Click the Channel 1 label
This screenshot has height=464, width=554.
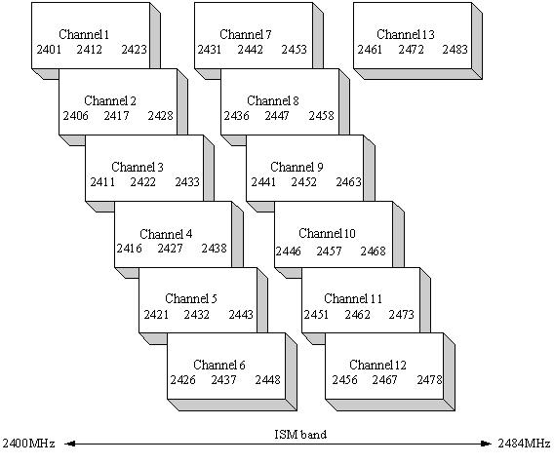84,34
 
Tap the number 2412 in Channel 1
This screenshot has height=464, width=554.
89,49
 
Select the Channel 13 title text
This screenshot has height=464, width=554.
405,34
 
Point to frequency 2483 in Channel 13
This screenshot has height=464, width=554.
455,49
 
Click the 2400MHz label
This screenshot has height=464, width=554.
28,443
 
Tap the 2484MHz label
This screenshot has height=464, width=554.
525,443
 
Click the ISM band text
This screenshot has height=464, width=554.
300,434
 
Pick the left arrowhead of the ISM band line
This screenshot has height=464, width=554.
69,444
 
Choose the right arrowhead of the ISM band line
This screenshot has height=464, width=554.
487,444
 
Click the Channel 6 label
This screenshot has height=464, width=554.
219,365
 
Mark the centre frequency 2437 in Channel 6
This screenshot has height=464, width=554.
223,379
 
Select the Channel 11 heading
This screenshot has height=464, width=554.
353,298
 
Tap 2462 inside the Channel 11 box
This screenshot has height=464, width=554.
358,314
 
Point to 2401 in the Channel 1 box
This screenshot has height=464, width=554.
49,49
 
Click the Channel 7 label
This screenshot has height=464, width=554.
246,34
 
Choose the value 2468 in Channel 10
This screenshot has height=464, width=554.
374,251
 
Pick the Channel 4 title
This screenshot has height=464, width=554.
166,234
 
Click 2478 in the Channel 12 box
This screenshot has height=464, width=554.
429,379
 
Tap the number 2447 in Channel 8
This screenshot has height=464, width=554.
277,115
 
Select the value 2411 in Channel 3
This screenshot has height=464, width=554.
102,182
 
